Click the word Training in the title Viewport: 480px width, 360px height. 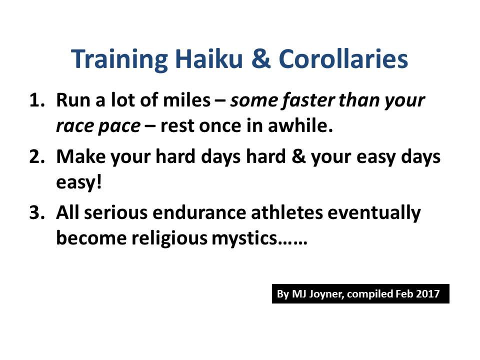tap(119, 59)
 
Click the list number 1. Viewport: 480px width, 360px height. tap(36, 100)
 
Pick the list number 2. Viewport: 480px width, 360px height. tap(36, 156)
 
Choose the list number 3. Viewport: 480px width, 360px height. tap(36, 212)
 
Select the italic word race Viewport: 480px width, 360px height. tap(74, 126)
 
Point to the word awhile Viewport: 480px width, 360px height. tap(300, 125)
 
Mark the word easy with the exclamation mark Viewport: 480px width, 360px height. tap(78, 183)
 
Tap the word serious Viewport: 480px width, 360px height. tap(115, 212)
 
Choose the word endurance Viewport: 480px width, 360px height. tap(199, 212)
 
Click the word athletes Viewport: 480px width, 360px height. tap(287, 212)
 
